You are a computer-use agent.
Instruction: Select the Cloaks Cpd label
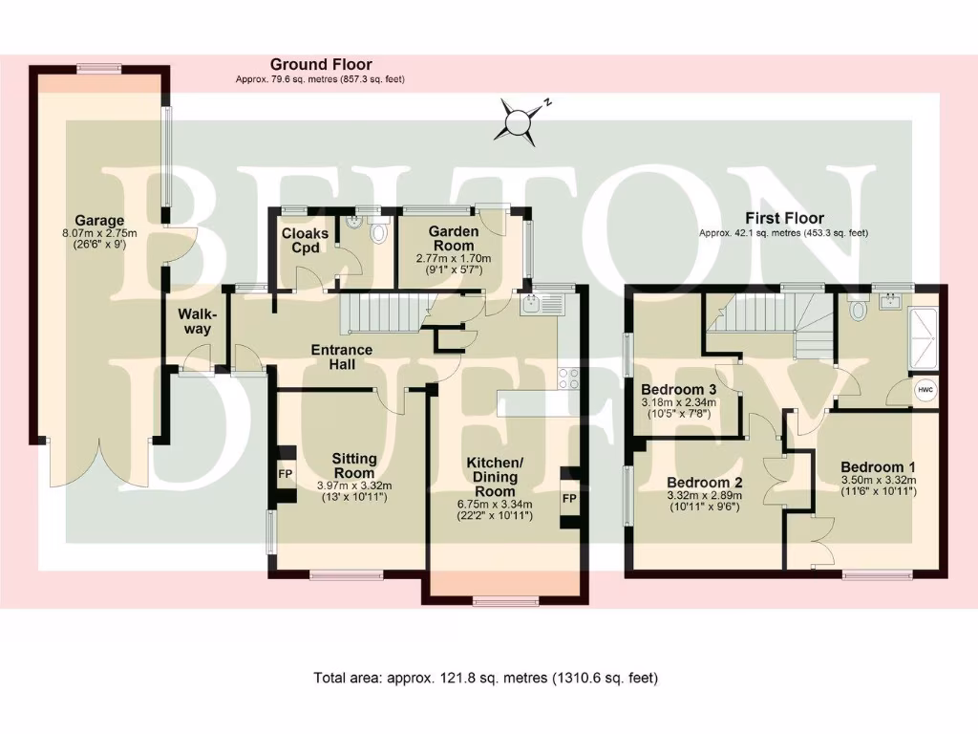pos(305,241)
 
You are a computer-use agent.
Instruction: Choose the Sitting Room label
pos(353,465)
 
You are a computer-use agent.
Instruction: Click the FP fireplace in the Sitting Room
pos(285,474)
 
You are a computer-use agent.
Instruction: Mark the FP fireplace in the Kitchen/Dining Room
pos(569,498)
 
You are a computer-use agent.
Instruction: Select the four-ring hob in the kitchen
pos(568,378)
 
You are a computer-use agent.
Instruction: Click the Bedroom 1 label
pos(878,467)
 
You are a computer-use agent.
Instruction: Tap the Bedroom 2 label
pos(704,482)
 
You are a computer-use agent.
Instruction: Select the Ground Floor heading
pos(320,65)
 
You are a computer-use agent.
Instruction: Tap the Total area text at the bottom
pos(486,679)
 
